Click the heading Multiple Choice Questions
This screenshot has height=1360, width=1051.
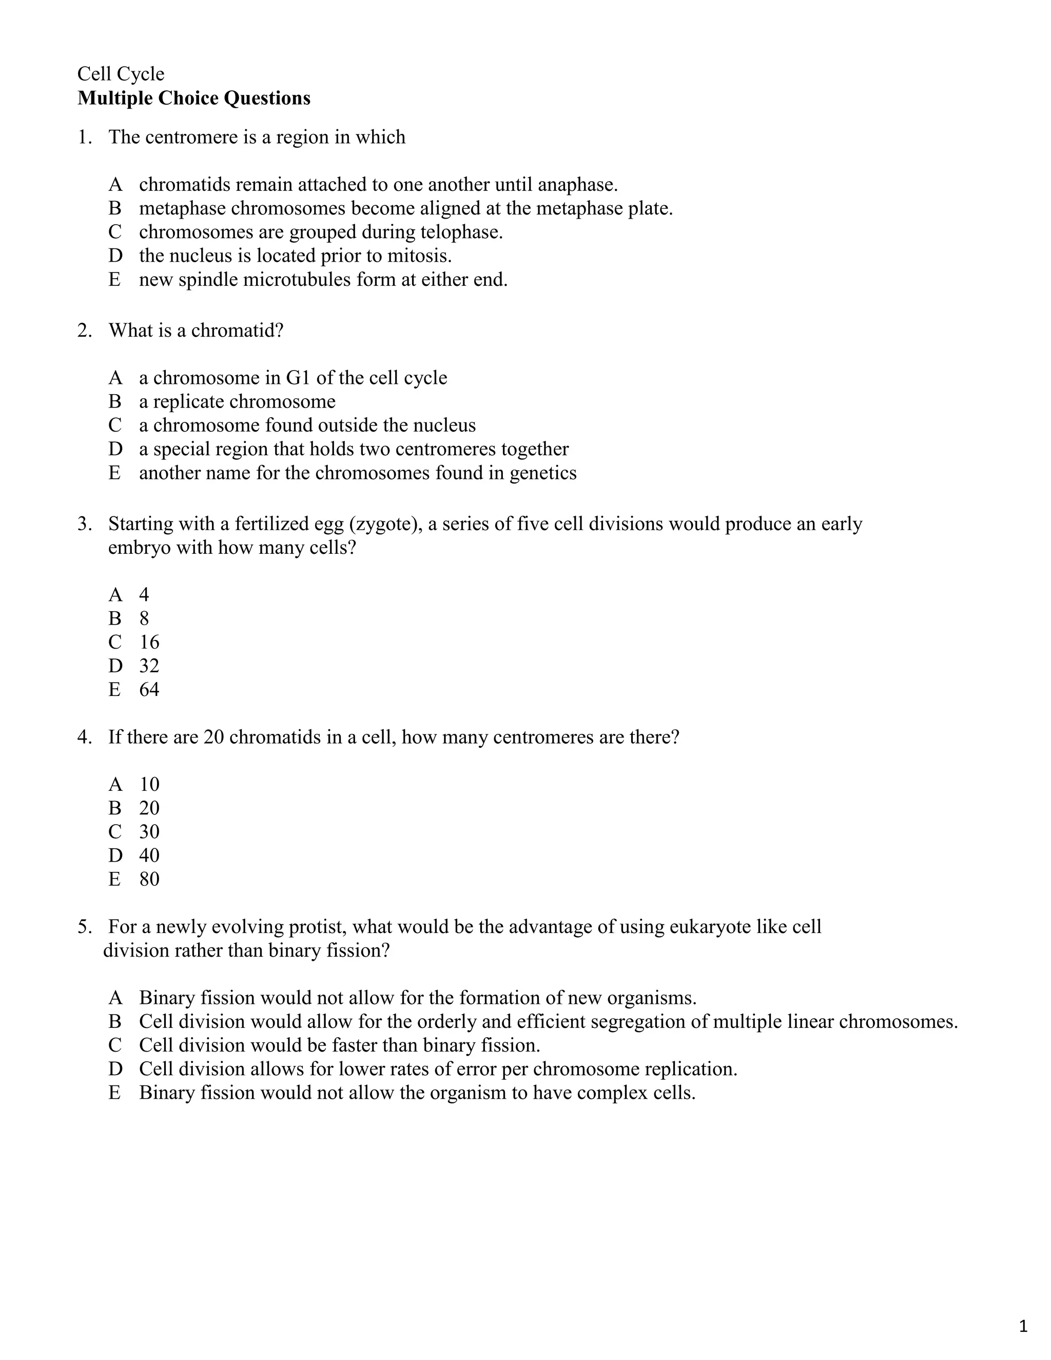(x=193, y=99)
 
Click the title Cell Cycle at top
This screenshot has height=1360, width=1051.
(x=121, y=74)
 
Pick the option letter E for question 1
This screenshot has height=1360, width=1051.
(x=114, y=280)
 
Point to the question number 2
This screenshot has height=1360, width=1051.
(x=84, y=330)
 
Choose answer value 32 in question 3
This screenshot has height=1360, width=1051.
(x=149, y=666)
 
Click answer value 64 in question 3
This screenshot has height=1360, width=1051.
(x=149, y=689)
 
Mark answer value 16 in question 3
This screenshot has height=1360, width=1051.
(x=149, y=642)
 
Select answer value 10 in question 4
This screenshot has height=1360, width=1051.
(x=149, y=784)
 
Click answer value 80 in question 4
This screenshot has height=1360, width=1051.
(x=149, y=879)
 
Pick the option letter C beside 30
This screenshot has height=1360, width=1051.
(x=115, y=831)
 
